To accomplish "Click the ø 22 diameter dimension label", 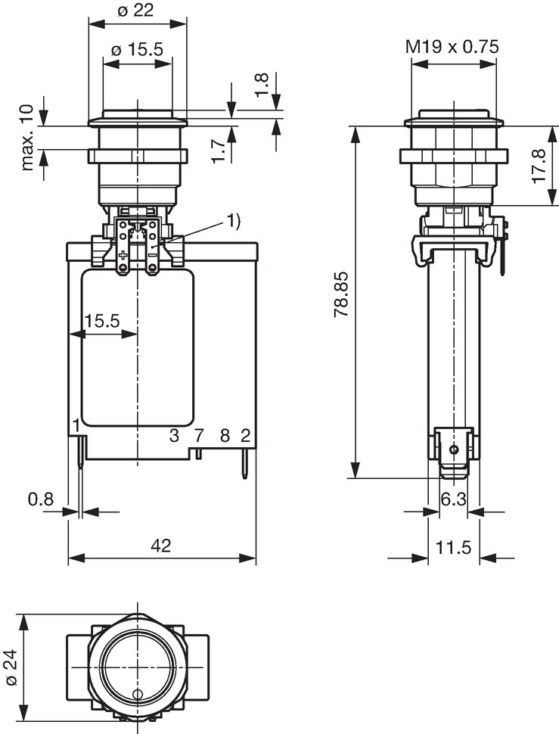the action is pos(136,10).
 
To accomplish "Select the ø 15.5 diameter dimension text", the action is pos(138,48).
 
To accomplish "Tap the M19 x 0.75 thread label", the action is pos(452,47).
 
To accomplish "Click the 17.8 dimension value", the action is pos(539,166).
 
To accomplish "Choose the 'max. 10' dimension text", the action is pos(27,137).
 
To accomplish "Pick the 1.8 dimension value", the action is pos(263,85).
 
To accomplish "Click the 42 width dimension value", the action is pos(161,545).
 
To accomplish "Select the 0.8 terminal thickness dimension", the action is pos(41,499).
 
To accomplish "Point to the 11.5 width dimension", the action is pos(453,546).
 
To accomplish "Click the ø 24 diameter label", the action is pos(11,667).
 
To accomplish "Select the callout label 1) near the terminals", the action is pos(234,221).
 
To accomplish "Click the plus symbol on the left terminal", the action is pos(123,255).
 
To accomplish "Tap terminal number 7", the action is pos(199,436).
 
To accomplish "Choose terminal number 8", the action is pos(225,436).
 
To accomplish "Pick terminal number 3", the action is pos(174,436).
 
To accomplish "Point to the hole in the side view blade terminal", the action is pos(453,449).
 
